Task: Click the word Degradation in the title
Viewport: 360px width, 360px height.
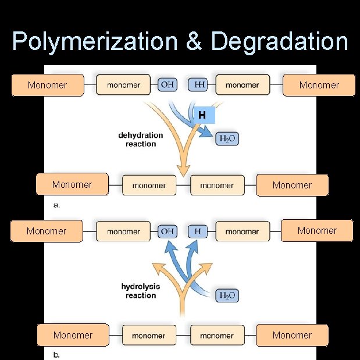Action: (x=279, y=42)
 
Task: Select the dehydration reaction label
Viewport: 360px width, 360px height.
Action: (x=141, y=140)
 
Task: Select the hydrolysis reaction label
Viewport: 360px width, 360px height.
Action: (x=141, y=291)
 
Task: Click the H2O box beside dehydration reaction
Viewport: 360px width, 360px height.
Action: (x=227, y=139)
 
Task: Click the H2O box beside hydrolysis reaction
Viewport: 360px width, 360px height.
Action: (x=227, y=295)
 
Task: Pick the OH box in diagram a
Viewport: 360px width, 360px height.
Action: (x=167, y=85)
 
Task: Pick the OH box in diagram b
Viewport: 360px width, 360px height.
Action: (x=167, y=231)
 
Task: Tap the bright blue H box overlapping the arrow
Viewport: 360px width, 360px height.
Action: (x=202, y=115)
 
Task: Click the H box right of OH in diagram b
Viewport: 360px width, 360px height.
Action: (x=198, y=231)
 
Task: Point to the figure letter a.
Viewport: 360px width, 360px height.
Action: (x=56, y=205)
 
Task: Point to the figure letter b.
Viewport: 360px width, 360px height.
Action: (x=56, y=354)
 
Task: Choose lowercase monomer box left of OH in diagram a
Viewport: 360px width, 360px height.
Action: (x=123, y=85)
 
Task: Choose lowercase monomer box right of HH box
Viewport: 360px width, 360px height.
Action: (x=243, y=85)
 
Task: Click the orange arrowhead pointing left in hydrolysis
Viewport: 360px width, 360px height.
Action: (x=156, y=268)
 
